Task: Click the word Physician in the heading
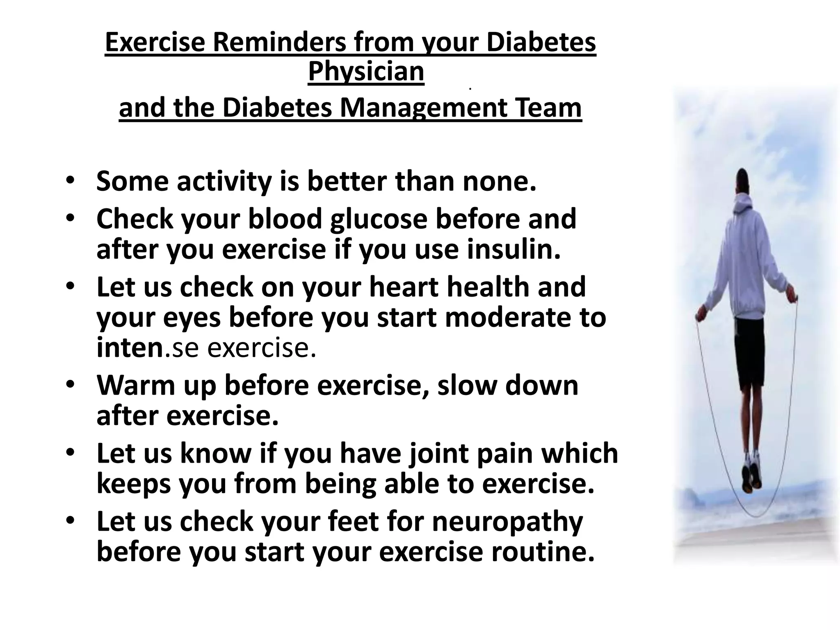[366, 72]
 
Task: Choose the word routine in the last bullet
[542, 552]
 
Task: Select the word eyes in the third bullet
[197, 318]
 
